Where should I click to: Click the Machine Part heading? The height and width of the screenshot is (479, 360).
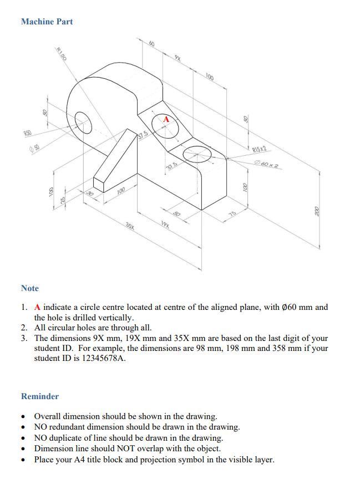47,22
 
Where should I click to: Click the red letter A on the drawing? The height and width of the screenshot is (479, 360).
165,119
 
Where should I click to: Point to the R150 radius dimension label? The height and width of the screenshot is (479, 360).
62,54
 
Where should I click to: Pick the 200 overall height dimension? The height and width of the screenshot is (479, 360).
317,211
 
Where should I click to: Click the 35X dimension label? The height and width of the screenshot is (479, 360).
130,226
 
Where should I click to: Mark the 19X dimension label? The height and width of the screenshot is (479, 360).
165,224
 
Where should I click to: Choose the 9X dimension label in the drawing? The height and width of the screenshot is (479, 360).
178,58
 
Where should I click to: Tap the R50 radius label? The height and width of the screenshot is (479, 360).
27,133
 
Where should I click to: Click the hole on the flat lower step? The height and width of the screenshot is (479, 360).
197,155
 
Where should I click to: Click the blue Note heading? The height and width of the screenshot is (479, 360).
30,288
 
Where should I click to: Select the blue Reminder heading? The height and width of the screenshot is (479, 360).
40,396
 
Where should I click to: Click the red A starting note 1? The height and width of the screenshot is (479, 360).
38,307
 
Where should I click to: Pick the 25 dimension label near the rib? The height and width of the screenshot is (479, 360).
63,199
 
